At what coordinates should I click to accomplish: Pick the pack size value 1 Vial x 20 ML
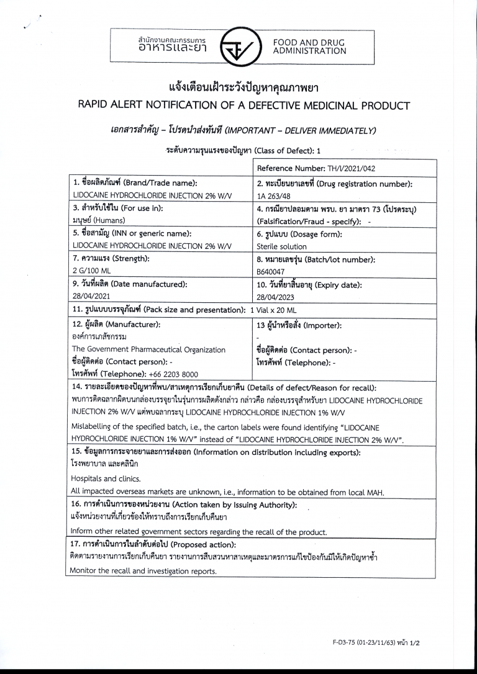tap(273, 310)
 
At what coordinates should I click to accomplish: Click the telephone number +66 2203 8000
tap(173, 374)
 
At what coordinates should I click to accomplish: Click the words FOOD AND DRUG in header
tap(309, 42)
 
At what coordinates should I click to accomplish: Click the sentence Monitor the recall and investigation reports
tap(143, 571)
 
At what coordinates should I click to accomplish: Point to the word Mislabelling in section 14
tap(92, 428)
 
